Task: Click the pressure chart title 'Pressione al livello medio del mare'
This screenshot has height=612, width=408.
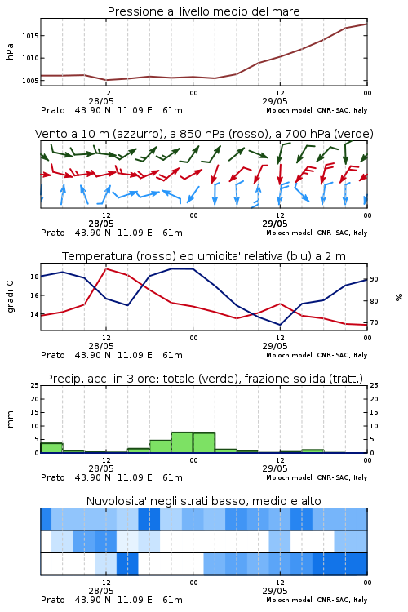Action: (x=203, y=11)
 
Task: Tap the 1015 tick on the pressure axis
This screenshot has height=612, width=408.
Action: (x=30, y=36)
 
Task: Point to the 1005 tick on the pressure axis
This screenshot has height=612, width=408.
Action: (x=30, y=81)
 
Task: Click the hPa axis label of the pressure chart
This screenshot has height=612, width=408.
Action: (x=10, y=51)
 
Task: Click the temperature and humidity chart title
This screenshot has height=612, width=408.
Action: (x=204, y=256)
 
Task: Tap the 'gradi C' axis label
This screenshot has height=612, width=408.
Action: (x=10, y=296)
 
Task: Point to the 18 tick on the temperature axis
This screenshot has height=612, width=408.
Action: (x=34, y=277)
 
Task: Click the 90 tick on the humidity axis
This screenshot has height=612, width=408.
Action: (x=374, y=279)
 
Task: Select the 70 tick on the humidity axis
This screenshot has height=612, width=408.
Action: (x=374, y=323)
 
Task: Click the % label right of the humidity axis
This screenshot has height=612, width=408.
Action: (x=399, y=297)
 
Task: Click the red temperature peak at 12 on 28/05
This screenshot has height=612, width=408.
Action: (x=106, y=269)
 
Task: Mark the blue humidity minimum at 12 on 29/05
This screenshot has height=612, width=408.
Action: (x=280, y=325)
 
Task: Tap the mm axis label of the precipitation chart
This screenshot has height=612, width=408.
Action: (x=10, y=419)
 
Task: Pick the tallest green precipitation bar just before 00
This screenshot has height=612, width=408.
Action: (x=182, y=442)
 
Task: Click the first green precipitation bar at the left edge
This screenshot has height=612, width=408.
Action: (x=51, y=448)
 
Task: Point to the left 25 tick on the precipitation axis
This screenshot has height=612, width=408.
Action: (x=34, y=385)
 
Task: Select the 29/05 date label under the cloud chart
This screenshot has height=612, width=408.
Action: (x=275, y=591)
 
